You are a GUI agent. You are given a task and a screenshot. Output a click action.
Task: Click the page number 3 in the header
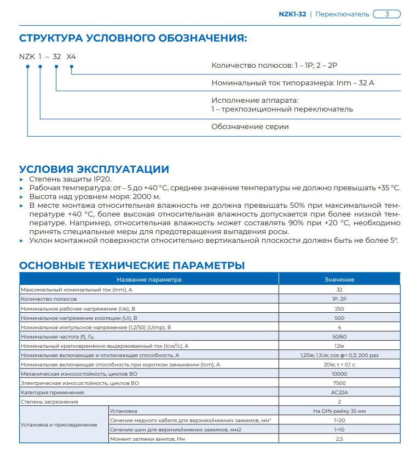(387, 14)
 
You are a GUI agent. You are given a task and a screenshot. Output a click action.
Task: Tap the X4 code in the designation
(72, 56)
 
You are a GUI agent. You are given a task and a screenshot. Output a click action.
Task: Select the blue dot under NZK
(27, 67)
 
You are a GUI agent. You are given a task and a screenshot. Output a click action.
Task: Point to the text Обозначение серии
(250, 126)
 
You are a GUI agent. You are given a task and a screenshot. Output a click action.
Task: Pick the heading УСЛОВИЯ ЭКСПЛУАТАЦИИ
(94, 169)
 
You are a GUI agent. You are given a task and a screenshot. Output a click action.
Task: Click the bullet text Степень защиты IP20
(64, 179)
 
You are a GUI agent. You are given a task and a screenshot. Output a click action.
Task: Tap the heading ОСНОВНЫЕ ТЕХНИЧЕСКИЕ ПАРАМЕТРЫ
(132, 266)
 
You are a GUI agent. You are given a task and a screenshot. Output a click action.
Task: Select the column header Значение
(339, 279)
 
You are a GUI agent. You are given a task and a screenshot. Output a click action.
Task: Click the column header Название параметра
(149, 279)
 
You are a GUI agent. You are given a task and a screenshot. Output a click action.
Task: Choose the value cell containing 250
(339, 308)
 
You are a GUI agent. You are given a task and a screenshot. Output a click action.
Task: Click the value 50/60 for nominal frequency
(339, 336)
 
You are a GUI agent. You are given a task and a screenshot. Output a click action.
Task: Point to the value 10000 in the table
(339, 373)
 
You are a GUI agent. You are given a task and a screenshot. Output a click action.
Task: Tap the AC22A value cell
(339, 392)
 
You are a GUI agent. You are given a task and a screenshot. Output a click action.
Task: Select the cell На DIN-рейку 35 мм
(339, 411)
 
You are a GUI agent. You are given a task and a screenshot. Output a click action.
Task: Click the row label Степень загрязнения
(49, 401)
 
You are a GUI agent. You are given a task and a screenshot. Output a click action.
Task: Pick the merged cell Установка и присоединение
(59, 424)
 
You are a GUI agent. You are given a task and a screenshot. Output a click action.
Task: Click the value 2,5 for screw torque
(339, 439)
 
